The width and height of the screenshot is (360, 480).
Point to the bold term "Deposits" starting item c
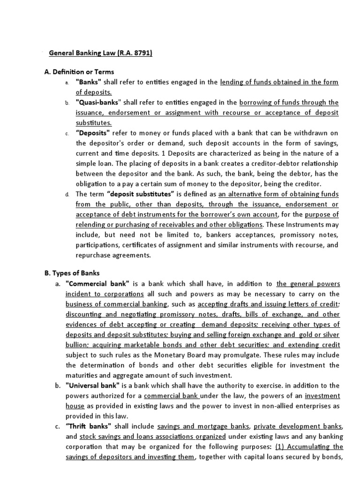point(92,133)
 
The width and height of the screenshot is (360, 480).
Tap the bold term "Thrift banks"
point(89,426)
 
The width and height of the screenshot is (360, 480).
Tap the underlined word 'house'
point(75,406)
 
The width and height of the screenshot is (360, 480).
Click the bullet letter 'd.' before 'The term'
point(67,194)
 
